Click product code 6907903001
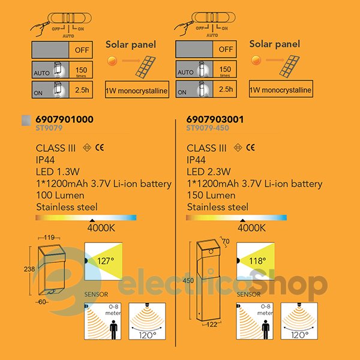[x=215, y=119]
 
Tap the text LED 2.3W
[x=211, y=172]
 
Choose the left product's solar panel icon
[x=146, y=67]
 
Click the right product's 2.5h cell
[x=226, y=89]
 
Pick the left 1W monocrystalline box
[x=137, y=91]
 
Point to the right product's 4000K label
[x=251, y=228]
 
